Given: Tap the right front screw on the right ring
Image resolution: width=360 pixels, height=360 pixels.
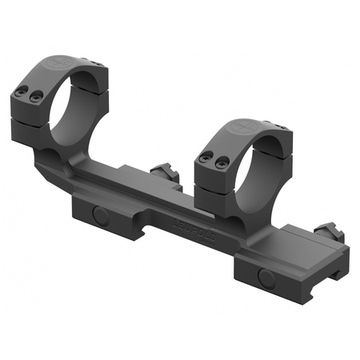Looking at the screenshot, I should point(222,163).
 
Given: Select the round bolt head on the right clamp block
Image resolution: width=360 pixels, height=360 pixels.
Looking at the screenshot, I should point(266,278).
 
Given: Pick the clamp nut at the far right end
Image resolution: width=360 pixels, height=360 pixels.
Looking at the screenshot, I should point(330,234).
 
